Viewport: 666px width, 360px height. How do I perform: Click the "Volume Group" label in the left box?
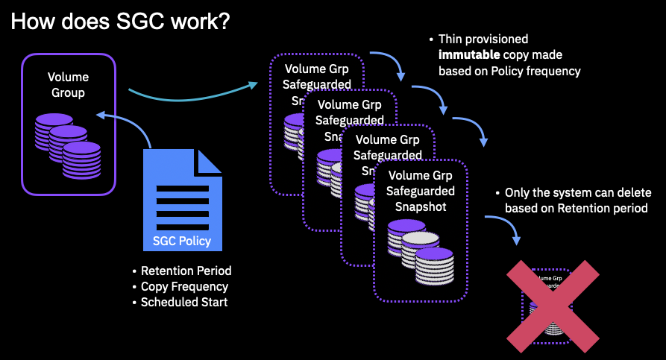pyautogui.click(x=68, y=85)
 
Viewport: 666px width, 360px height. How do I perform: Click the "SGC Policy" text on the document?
pyautogui.click(x=181, y=241)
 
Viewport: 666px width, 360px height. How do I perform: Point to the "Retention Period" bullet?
pyautogui.click(x=186, y=271)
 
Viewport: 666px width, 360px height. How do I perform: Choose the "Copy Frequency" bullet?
pyautogui.click(x=184, y=286)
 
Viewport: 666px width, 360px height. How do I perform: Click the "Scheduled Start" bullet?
pyautogui.click(x=184, y=302)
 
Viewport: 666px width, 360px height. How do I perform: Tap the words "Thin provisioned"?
pyautogui.click(x=483, y=39)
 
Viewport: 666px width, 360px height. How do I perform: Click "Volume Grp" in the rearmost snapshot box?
pyautogui.click(x=315, y=69)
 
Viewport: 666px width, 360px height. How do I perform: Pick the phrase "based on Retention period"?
pyautogui.click(x=576, y=208)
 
